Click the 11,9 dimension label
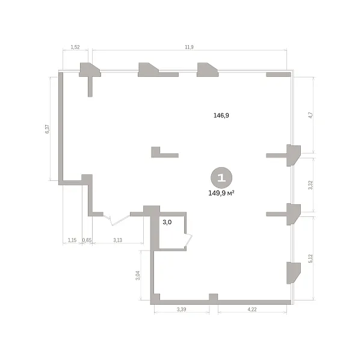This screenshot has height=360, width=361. (x=189, y=47)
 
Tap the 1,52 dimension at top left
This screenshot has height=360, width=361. (x=75, y=47)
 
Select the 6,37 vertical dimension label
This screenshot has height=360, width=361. (x=47, y=129)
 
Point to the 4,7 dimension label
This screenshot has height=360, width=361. (x=310, y=115)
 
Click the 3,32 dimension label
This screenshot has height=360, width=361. (x=310, y=185)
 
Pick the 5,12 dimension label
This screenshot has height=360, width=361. (x=310, y=258)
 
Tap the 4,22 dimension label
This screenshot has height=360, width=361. (x=252, y=310)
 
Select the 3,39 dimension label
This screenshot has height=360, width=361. (x=182, y=310)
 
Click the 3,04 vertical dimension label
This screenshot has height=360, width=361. (x=138, y=275)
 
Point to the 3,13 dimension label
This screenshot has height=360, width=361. (x=118, y=240)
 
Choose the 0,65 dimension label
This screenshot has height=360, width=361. (x=87, y=240)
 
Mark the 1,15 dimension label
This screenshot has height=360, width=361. (x=72, y=240)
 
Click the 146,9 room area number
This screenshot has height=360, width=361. (x=221, y=115)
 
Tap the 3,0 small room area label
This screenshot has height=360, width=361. (x=167, y=222)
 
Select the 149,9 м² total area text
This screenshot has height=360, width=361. (x=221, y=193)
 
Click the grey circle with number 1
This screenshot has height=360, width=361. (x=221, y=177)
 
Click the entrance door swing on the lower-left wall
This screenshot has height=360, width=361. (x=117, y=220)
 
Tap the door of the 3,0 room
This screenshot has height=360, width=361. (x=189, y=242)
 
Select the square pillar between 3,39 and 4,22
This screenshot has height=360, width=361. (x=214, y=297)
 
